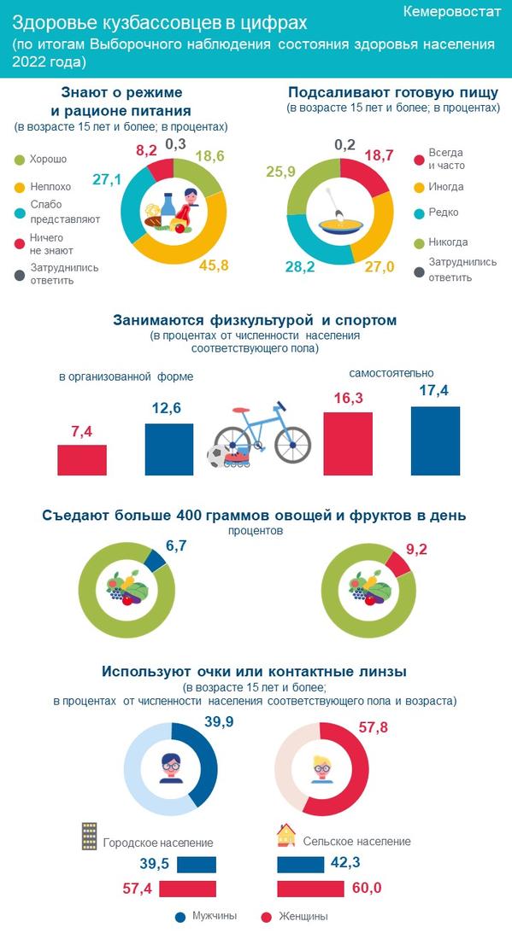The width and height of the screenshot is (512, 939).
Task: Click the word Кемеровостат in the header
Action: (x=451, y=12)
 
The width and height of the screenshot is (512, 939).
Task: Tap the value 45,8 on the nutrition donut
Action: (x=214, y=265)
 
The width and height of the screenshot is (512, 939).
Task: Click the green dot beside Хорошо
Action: (x=19, y=160)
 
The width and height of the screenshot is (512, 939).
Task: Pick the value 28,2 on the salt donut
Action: (x=300, y=266)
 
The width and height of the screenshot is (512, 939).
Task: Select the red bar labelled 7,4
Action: (x=82, y=460)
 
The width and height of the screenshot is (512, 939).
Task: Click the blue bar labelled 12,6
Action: (x=169, y=449)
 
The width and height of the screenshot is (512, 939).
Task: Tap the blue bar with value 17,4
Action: (x=435, y=440)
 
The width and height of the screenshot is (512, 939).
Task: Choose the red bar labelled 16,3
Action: (x=348, y=444)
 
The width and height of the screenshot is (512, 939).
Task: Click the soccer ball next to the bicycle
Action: (x=216, y=457)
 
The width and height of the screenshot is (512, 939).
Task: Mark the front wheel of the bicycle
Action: (x=292, y=445)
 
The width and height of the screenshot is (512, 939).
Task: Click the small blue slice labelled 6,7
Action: (x=154, y=561)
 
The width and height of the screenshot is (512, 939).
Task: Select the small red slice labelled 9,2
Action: (x=398, y=563)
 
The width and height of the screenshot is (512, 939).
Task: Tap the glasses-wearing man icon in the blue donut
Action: (x=171, y=768)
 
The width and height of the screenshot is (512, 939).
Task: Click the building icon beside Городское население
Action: (x=90, y=836)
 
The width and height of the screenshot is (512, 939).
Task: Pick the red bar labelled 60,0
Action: (x=310, y=889)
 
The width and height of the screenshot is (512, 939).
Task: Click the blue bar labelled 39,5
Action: (x=197, y=865)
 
